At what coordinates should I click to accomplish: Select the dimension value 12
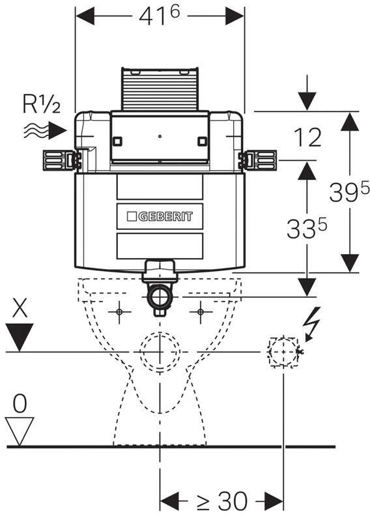click(307, 137)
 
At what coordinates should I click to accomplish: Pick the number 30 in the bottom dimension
click(233, 502)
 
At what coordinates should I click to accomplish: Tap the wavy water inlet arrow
click(45, 130)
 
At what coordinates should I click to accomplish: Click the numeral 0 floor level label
click(20, 403)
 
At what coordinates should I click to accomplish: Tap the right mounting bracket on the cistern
click(257, 160)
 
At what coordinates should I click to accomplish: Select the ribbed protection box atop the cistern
click(160, 89)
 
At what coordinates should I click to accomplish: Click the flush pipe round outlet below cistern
click(160, 296)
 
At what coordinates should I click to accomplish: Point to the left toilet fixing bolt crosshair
click(119, 311)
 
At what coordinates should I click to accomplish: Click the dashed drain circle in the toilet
click(160, 352)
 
